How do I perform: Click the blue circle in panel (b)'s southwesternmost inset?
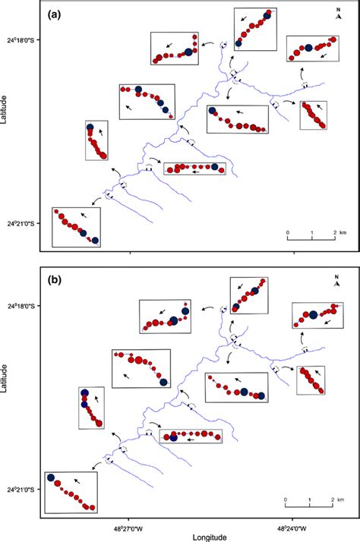coord(51,479)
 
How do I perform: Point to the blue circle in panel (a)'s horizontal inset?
coord(215,167)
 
